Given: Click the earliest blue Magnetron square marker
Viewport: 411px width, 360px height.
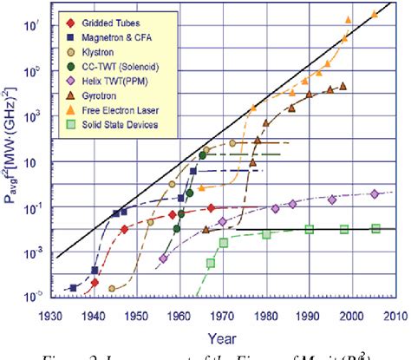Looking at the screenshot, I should click(74, 287).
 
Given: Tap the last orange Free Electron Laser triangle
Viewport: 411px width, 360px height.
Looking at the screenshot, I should click(375, 14).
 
